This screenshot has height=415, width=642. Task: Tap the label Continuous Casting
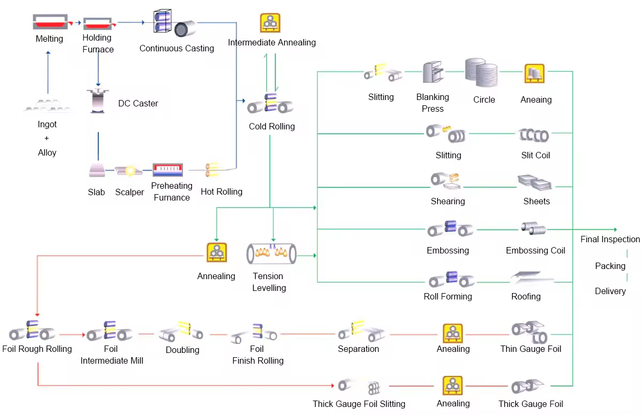coord(177,48)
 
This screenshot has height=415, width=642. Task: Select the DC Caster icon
coord(98,101)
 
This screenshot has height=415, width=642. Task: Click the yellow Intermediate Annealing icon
coord(270,23)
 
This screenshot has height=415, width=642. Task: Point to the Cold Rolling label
coord(272,127)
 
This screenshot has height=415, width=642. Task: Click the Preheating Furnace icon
coord(168,170)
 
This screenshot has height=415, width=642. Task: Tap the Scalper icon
coord(129,171)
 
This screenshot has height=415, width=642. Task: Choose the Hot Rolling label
coord(221,191)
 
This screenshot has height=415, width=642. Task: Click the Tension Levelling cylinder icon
coord(271,253)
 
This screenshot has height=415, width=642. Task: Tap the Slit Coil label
coord(536,155)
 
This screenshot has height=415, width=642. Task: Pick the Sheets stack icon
coord(535,183)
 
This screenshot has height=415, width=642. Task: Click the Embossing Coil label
coord(536,250)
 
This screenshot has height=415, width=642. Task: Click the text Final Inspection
coord(610,239)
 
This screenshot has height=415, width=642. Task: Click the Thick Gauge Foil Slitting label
coord(359,404)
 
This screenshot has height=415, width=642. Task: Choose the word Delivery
coord(610,291)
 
